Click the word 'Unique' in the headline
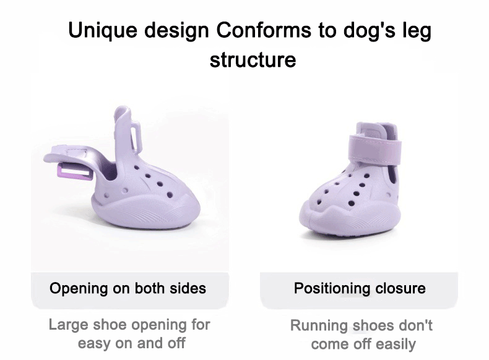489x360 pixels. pos(103,31)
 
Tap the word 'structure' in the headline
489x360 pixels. pos(253,60)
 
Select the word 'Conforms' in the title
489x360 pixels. pos(264,30)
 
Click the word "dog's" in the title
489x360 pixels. pos(369,31)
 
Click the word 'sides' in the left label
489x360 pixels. pos(188,288)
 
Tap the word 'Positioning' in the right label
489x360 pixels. pos(332,289)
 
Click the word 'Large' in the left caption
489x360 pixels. pos(68,325)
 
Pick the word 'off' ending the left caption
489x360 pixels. pos(176,343)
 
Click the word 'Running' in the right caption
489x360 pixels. pos(319,326)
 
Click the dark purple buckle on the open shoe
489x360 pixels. pos(75,173)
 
